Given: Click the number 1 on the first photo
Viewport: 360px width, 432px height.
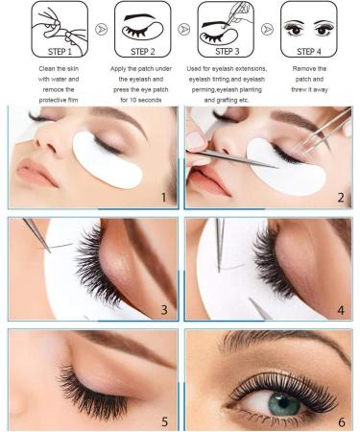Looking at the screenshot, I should click(x=164, y=197).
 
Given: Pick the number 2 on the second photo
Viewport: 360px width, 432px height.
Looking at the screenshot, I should click(x=339, y=197).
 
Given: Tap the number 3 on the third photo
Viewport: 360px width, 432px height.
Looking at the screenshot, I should click(x=164, y=309).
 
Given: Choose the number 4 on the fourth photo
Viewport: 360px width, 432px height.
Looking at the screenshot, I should click(x=339, y=309).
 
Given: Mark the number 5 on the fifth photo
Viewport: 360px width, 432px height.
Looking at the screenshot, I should click(x=164, y=420).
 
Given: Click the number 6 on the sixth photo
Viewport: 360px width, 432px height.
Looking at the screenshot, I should click(x=339, y=420).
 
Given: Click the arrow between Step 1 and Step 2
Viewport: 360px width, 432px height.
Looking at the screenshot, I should click(x=98, y=30).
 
